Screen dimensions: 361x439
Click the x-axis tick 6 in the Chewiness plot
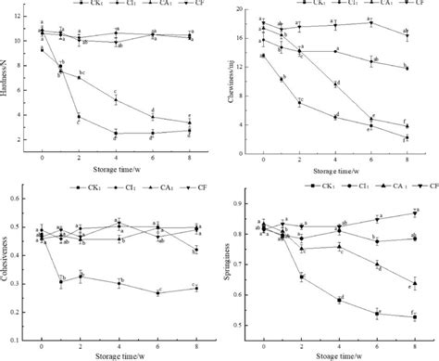point(370,156)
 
